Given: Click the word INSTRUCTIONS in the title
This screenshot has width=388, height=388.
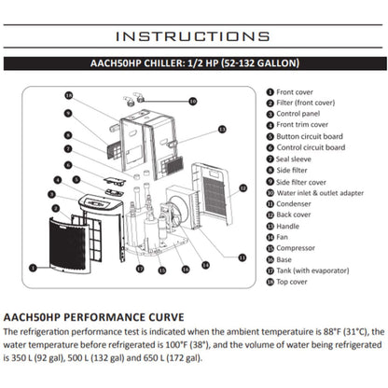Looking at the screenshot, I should tap(193, 36).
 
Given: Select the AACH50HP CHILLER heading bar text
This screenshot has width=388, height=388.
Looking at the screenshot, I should tap(193, 66).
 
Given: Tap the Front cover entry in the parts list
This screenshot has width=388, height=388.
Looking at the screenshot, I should tap(297, 92).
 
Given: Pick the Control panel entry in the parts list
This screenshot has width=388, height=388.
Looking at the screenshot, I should tap(299, 115).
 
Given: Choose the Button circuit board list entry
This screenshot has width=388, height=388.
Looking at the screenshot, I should tap(310, 136).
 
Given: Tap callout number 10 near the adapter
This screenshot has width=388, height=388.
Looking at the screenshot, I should tap(192, 100).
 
